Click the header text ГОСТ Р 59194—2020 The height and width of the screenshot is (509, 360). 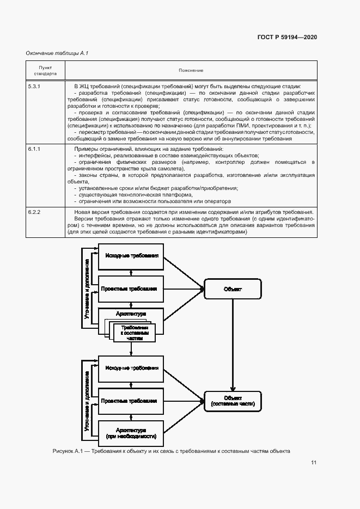point(287,37)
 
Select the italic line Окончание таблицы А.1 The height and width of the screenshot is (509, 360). point(57,53)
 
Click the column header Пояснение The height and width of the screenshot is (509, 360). point(191,70)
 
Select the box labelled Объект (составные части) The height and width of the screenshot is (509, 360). point(233,401)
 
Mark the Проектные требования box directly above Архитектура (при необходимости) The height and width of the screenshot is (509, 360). point(130,401)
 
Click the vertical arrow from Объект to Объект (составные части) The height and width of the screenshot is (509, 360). point(233,345)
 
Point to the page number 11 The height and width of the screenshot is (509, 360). point(314,463)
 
